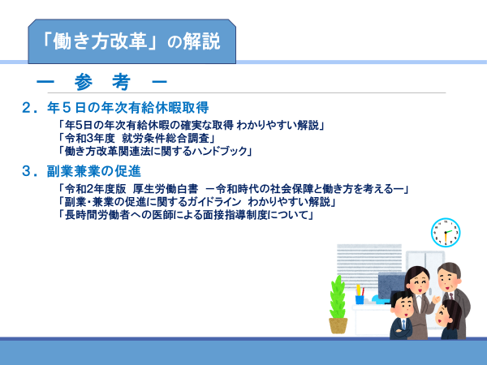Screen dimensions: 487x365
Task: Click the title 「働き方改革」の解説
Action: pos(131,41)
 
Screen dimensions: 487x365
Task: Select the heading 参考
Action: pos(102,82)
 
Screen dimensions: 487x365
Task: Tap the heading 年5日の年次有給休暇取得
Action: pos(127,108)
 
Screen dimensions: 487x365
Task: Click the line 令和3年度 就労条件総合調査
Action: pos(136,138)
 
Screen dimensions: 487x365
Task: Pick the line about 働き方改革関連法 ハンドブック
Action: pos(155,151)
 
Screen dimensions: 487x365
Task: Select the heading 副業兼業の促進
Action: pos(94,171)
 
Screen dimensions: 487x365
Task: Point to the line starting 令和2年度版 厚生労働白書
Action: pos(233,189)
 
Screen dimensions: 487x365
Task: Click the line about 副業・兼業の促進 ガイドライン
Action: pos(197,202)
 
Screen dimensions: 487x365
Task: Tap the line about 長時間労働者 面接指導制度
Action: pos(186,215)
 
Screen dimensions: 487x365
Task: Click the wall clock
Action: pos(446,233)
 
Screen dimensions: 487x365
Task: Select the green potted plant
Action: pos(338,304)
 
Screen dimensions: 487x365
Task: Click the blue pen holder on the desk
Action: pos(360,299)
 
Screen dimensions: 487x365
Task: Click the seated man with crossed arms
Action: pos(401,315)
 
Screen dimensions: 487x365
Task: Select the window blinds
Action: pos(369,264)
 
